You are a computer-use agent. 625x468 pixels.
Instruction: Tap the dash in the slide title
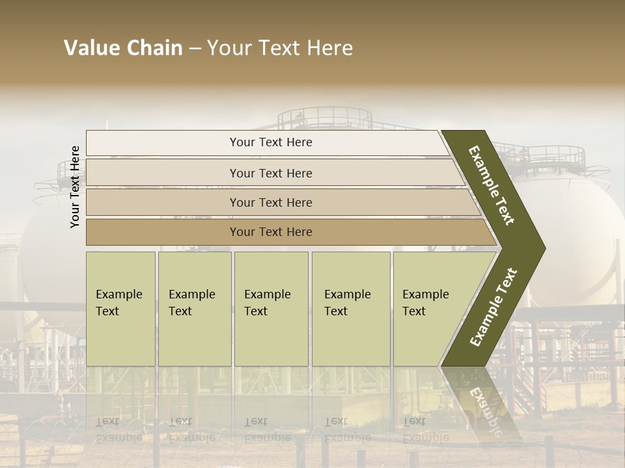[195, 49]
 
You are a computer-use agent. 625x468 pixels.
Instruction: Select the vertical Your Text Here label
[75, 187]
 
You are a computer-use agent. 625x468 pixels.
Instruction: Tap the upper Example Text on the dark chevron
[492, 185]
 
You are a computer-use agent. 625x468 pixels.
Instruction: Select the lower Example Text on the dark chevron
[493, 307]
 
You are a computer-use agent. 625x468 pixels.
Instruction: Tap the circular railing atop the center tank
[324, 118]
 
